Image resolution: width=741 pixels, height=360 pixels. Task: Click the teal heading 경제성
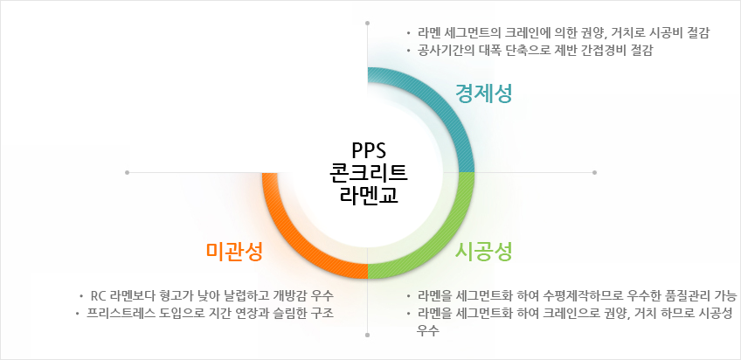click(x=483, y=93)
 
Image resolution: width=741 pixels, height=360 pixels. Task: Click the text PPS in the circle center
click(x=369, y=150)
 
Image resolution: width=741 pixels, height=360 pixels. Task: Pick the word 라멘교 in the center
click(x=369, y=195)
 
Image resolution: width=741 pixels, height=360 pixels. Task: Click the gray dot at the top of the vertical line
click(x=368, y=23)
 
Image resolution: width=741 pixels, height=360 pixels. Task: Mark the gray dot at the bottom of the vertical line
click(x=368, y=335)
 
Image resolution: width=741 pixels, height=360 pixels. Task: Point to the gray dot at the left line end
click(x=127, y=172)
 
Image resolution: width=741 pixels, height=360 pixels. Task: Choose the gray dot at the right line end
click(x=594, y=172)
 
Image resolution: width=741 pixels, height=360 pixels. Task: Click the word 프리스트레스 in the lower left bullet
click(x=115, y=313)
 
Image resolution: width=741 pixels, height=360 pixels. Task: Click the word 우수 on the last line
click(x=427, y=330)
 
